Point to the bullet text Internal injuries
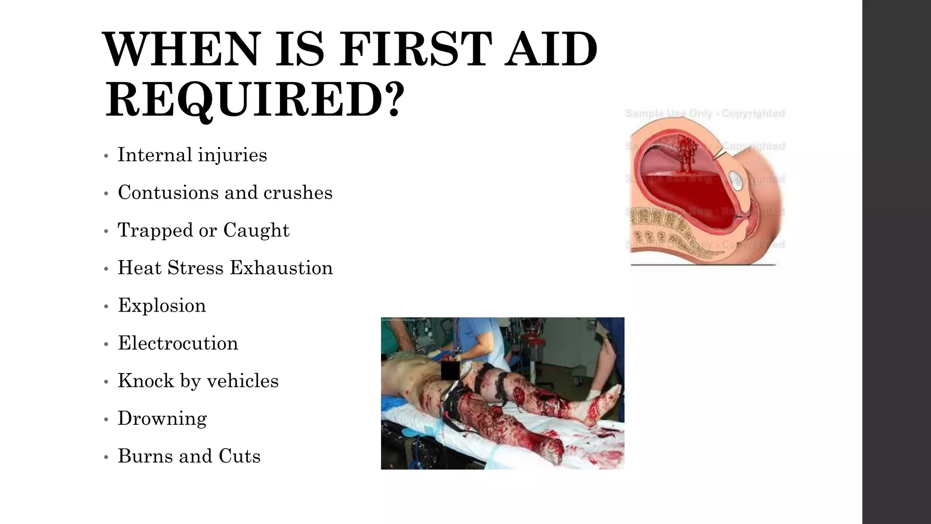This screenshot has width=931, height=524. point(192,155)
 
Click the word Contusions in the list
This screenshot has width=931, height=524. point(168,192)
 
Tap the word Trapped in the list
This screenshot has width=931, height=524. point(155,231)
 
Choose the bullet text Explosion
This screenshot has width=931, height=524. point(162,306)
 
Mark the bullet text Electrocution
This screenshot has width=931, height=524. point(178,343)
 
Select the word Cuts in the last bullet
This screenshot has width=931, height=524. point(239,456)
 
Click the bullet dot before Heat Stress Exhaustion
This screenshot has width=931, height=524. point(106,269)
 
